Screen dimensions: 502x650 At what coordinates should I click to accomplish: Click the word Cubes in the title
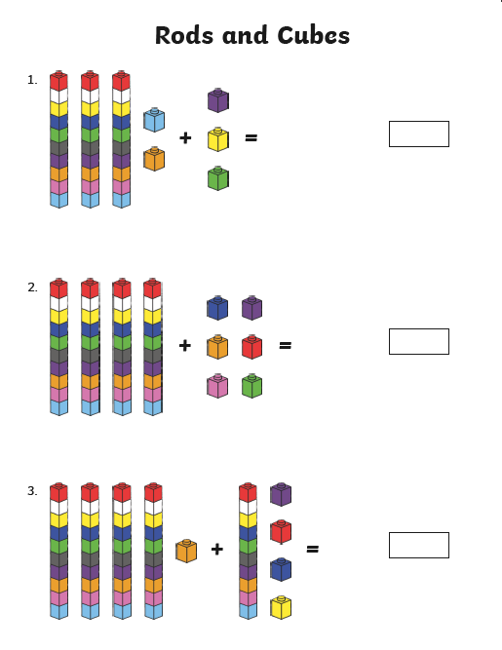[x=314, y=35]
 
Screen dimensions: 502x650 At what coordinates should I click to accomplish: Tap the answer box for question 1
[x=419, y=134]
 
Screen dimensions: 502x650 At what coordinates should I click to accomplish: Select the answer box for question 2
[x=419, y=342]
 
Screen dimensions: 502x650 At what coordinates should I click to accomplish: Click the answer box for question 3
[x=419, y=545]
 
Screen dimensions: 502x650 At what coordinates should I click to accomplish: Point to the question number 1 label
[x=32, y=80]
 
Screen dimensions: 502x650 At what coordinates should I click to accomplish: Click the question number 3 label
[x=32, y=491]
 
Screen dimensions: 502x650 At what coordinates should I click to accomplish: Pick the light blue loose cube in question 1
[x=154, y=120]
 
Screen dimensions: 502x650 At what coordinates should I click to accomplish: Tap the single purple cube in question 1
[x=218, y=100]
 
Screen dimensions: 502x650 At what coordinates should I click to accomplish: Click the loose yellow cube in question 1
[x=218, y=139]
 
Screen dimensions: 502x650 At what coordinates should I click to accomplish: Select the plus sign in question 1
[x=185, y=137]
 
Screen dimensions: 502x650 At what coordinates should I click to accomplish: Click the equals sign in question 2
[x=286, y=345]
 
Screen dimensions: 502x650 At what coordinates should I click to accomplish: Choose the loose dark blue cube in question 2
[x=217, y=308]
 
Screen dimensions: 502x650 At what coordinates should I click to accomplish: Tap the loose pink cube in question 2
[x=217, y=386]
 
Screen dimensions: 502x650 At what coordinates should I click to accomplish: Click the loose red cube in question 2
[x=252, y=347]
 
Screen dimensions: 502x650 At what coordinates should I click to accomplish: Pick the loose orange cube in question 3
[x=186, y=551]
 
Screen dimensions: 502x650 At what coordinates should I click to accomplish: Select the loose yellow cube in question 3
[x=281, y=607]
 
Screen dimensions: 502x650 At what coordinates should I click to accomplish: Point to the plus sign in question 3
[x=217, y=550]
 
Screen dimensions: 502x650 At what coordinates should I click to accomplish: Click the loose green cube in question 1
[x=218, y=178]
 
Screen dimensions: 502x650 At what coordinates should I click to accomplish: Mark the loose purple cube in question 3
[x=281, y=494]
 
